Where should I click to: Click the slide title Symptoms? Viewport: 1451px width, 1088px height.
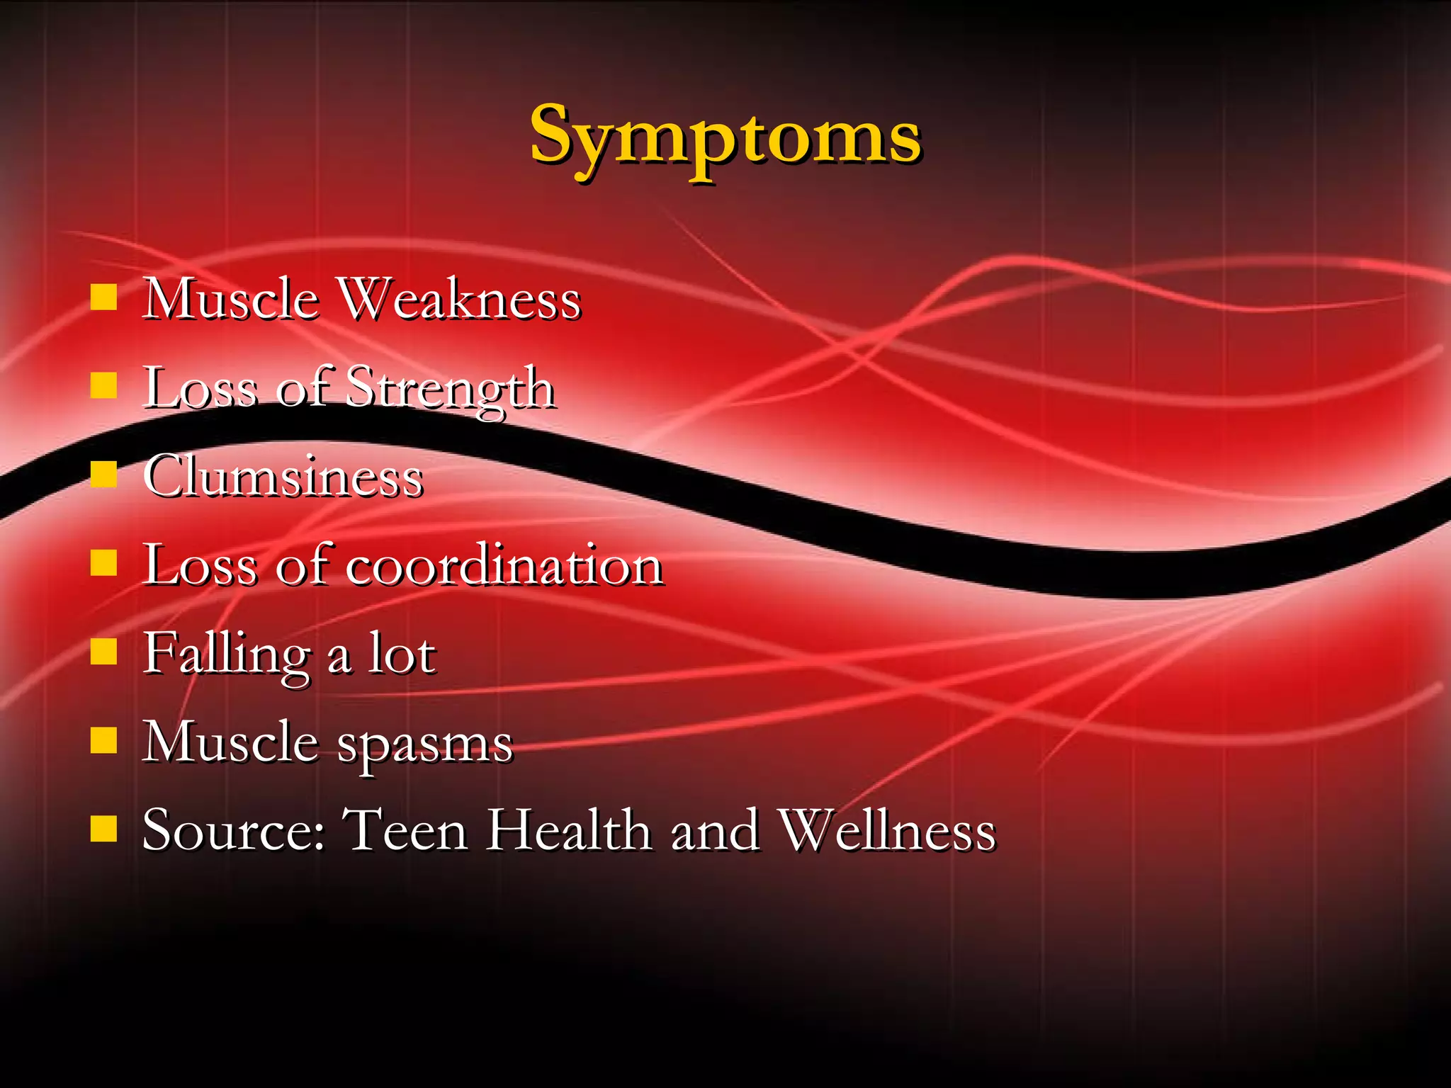coord(725,136)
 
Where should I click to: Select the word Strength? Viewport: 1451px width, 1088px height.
coord(451,389)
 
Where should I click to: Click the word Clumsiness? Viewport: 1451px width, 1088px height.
coord(283,477)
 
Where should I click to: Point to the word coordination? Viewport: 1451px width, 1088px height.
coord(504,565)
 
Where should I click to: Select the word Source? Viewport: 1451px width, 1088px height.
coord(234,830)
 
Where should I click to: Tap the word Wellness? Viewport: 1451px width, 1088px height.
coord(887,830)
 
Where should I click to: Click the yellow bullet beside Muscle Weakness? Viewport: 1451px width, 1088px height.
coord(103,297)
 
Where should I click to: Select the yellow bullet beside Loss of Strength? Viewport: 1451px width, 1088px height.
coord(103,386)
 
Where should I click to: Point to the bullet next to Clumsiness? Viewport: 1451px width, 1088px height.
coord(103,475)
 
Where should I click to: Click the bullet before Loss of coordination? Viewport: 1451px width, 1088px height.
coord(103,563)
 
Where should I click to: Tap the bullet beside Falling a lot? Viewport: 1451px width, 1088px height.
coord(103,652)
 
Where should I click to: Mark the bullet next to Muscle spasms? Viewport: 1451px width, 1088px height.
coord(103,740)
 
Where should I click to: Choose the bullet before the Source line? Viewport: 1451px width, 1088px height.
coord(103,829)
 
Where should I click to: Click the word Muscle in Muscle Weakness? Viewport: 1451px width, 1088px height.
coord(231,299)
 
